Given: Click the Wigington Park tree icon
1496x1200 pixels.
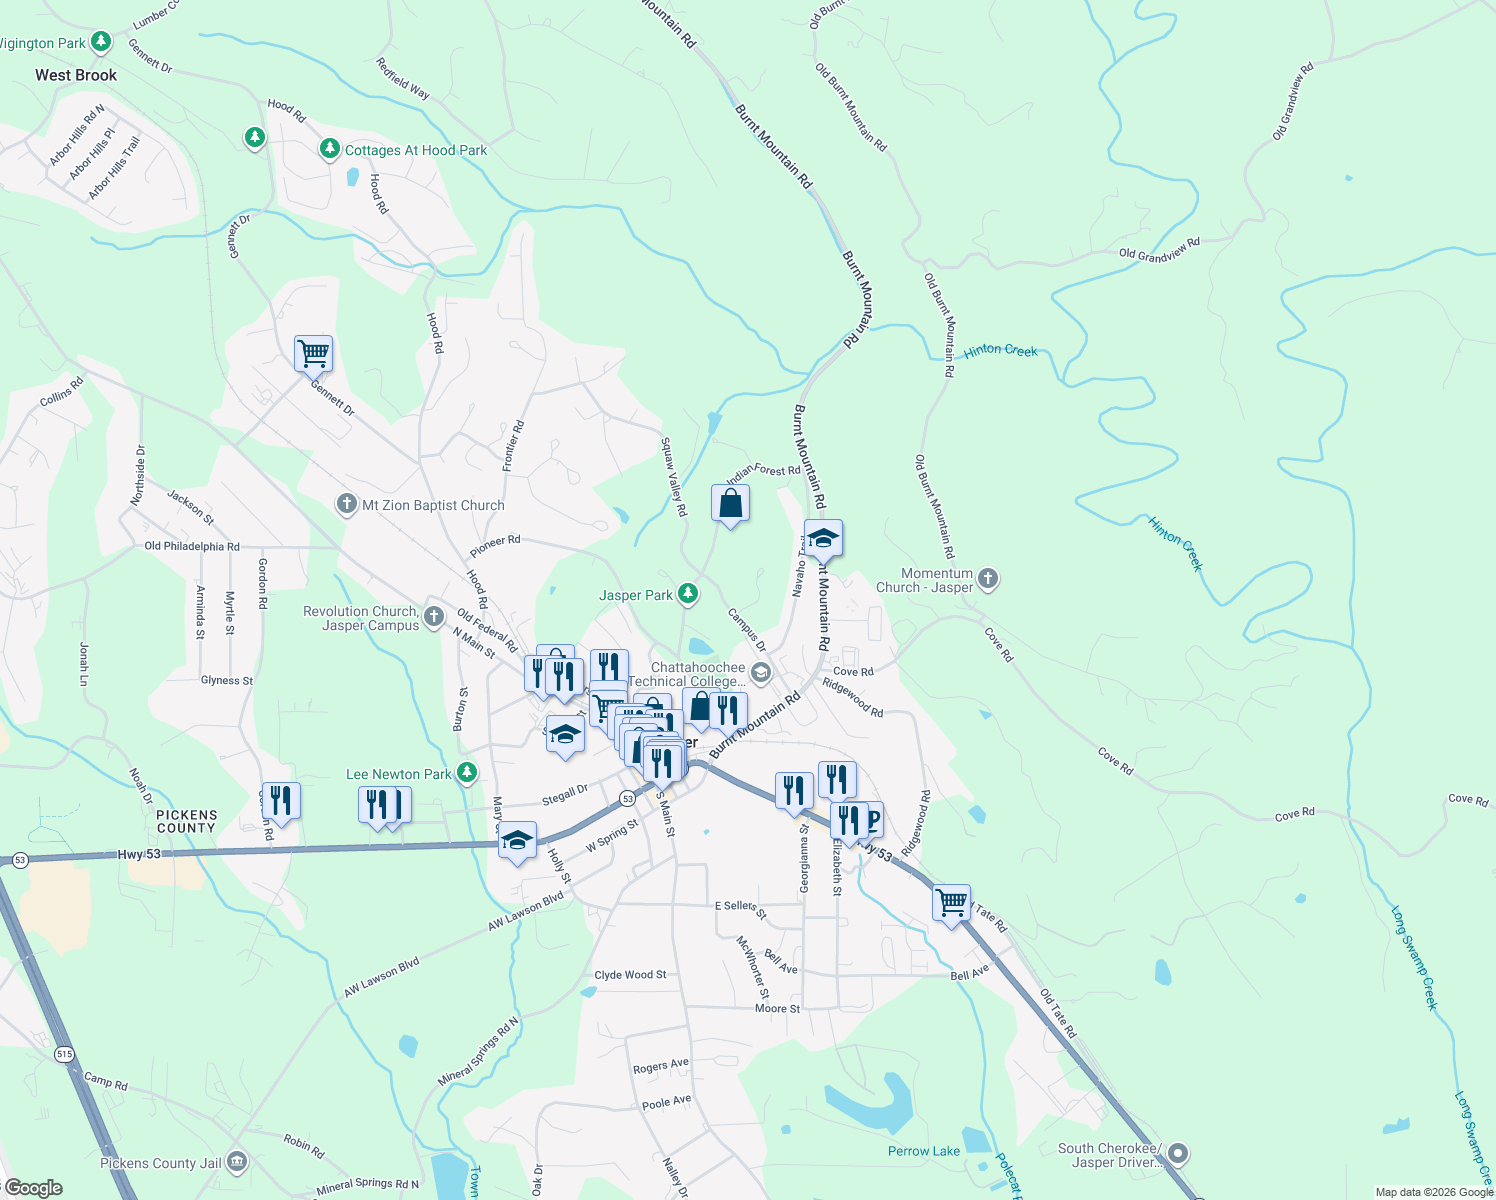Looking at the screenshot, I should click(x=100, y=42).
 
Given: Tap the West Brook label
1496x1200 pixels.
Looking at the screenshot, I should click(x=76, y=75).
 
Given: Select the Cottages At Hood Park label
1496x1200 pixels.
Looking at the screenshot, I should click(x=415, y=150).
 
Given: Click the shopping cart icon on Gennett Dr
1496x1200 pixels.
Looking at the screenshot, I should click(x=313, y=353).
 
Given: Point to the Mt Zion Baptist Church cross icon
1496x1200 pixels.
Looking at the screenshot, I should click(x=346, y=504).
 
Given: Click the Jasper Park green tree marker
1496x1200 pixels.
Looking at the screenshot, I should click(x=688, y=594).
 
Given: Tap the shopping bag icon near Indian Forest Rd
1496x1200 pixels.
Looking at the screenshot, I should click(x=731, y=504).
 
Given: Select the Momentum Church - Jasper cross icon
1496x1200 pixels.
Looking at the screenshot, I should click(x=988, y=578).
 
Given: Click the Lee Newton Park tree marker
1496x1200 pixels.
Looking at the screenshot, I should click(x=466, y=773).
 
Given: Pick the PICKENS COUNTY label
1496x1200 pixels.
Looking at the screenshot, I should click(x=187, y=821).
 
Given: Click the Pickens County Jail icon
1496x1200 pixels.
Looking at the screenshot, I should click(x=237, y=1162).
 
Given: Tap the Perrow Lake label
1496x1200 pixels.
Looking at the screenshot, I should click(x=924, y=1151).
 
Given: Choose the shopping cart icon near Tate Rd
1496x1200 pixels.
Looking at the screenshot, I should click(x=952, y=903).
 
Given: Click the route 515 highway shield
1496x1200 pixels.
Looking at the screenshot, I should click(x=65, y=1054).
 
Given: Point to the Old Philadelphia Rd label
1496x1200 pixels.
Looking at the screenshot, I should click(x=192, y=546).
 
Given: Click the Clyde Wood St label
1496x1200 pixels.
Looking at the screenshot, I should click(x=630, y=974).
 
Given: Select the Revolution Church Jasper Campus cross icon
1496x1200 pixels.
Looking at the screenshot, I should click(x=433, y=616).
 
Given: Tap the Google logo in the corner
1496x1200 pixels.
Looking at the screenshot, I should click(x=33, y=1188).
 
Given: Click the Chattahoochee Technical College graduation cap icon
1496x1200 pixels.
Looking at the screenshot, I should click(x=761, y=673).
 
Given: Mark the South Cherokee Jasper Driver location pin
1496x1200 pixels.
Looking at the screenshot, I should click(x=1178, y=1154).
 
